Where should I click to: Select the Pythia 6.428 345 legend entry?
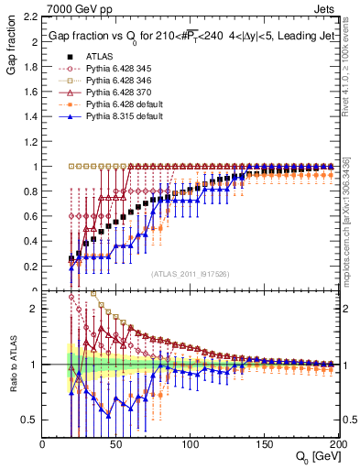pos(120,68)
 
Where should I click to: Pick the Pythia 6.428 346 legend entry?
pos(120,81)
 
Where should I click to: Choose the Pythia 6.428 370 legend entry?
pos(120,93)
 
